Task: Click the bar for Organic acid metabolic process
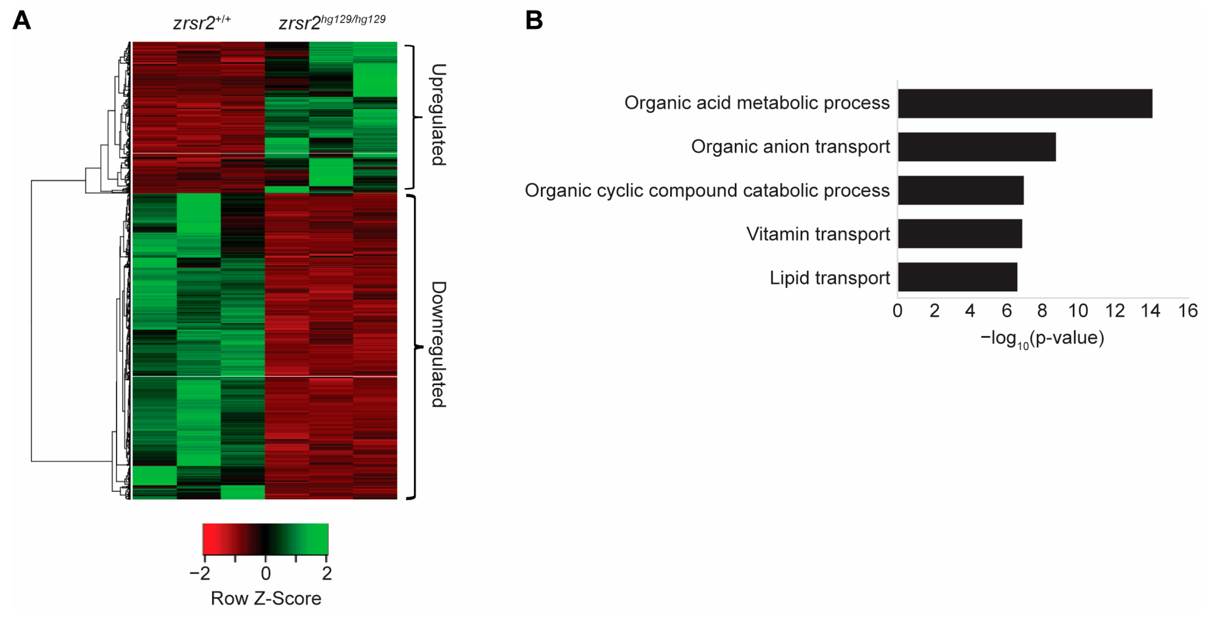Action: click(1025, 104)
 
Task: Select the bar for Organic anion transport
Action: click(977, 147)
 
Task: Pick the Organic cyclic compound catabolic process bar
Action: click(960, 190)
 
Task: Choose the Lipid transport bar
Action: click(957, 277)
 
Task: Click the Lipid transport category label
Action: click(829, 278)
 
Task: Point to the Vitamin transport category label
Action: click(818, 234)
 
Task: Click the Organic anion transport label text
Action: click(790, 147)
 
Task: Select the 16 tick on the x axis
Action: click(1187, 311)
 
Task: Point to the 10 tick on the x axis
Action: click(1078, 311)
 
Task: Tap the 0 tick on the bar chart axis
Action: click(897, 311)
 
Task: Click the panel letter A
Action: click(22, 20)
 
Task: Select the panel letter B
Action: click(534, 20)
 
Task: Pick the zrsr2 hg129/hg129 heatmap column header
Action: click(332, 22)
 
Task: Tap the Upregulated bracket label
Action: click(438, 115)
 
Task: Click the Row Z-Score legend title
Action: click(266, 598)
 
